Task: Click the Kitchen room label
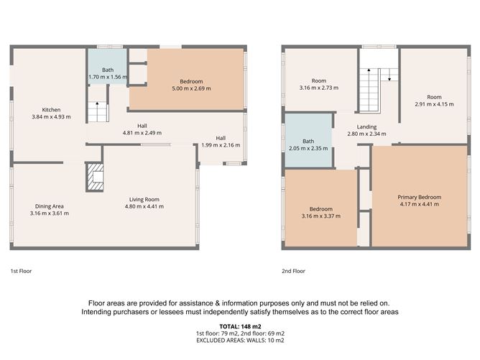point(51,110)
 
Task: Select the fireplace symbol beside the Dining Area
point(94,177)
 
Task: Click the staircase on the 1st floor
point(97,111)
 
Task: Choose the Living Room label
point(144,199)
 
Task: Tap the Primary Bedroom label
point(420,197)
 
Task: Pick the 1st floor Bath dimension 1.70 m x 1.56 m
point(107,77)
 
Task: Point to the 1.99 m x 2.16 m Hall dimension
point(221,145)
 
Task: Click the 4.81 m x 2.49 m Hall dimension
point(142,133)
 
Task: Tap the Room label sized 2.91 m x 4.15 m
point(434,97)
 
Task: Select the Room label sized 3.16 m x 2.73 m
point(318,80)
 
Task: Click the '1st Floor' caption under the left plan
point(21,272)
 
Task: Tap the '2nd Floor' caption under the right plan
point(294,272)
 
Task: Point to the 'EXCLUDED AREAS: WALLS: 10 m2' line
point(240,342)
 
